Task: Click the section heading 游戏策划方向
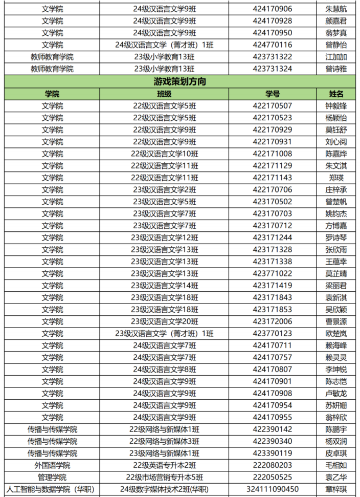[x=179, y=81]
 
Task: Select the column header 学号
[x=272, y=94]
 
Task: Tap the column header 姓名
[x=336, y=94]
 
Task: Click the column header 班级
[x=164, y=94]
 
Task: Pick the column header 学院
[x=52, y=94]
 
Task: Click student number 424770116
[x=272, y=45]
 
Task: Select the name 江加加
[x=336, y=57]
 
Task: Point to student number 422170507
[x=272, y=106]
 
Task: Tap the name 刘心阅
[x=336, y=142]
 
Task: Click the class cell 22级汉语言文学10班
[x=164, y=154]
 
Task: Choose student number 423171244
[x=272, y=237]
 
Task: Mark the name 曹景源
[x=336, y=321]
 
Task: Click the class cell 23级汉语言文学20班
[x=164, y=321]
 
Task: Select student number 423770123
[x=272, y=333]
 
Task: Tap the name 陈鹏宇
[x=336, y=429]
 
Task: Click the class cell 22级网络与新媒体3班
[x=164, y=441]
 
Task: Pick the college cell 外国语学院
[x=52, y=465]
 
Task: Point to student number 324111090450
[x=272, y=489]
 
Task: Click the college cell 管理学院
[x=52, y=477]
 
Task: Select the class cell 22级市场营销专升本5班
[x=164, y=477]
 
